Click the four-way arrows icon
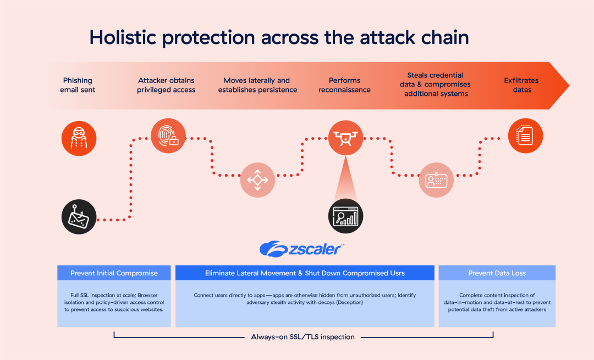[x=257, y=179]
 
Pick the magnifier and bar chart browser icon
[x=346, y=215]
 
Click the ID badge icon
[x=437, y=179]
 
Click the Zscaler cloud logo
[x=271, y=249]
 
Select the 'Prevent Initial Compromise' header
[x=114, y=273]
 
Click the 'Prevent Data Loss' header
[x=497, y=273]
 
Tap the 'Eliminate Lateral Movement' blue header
[x=305, y=273]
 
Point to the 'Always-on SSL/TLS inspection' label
[x=302, y=336]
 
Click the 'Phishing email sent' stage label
[x=78, y=85]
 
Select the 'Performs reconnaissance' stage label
[x=344, y=85]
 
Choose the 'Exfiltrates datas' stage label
[x=521, y=85]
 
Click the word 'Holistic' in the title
[x=124, y=37]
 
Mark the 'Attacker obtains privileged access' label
[x=166, y=85]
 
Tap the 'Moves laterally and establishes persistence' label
[x=257, y=85]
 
